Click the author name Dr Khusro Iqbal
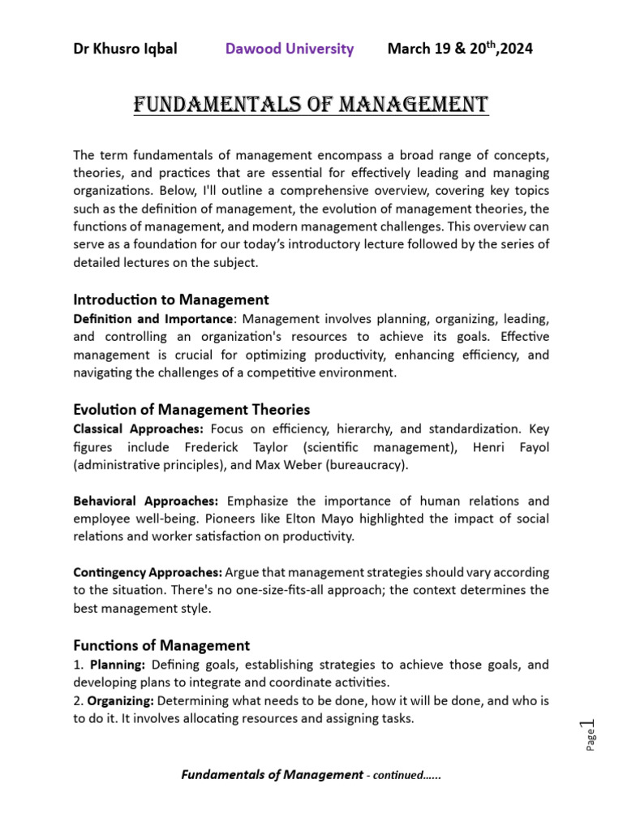[125, 49]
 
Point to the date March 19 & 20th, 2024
[460, 49]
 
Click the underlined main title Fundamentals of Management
[311, 105]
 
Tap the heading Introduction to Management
[170, 299]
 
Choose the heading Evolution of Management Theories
[191, 409]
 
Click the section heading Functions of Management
[161, 645]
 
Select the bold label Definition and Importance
[153, 318]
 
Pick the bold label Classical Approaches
[138, 428]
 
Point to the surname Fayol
[531, 446]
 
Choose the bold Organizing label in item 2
[121, 700]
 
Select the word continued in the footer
[397, 775]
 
